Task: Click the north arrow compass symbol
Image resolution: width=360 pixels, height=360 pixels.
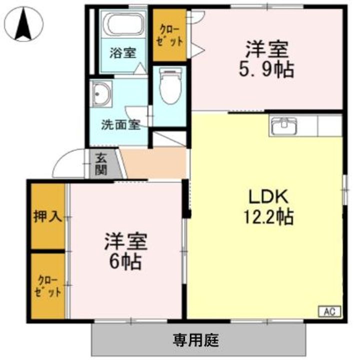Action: point(23,24)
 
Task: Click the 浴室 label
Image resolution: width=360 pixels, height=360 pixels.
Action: point(123,52)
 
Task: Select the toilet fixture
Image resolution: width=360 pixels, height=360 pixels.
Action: point(169,86)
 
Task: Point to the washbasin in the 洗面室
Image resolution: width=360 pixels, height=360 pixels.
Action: point(102,93)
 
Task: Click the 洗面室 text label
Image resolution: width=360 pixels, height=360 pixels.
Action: point(120,124)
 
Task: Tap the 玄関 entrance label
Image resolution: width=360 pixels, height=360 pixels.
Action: point(101,163)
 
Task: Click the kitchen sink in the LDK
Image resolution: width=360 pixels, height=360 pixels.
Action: point(284,125)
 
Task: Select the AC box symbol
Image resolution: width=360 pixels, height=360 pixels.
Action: point(329,311)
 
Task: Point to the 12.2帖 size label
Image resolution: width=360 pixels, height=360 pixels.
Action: point(268,217)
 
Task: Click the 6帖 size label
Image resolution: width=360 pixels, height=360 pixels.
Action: point(125,261)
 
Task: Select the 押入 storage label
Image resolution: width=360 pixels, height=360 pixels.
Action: point(47,216)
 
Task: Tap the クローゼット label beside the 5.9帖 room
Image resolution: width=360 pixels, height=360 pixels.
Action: point(169,35)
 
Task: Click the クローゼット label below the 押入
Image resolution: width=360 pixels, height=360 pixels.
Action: point(48,286)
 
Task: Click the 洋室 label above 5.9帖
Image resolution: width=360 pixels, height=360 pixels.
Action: point(266,50)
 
